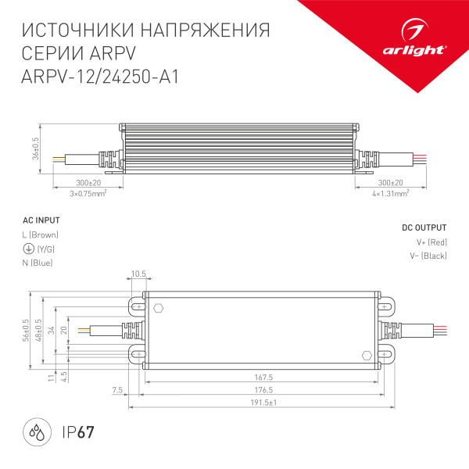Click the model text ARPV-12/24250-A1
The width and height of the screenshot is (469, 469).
click(x=100, y=79)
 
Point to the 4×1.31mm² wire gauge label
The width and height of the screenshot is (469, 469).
click(x=389, y=193)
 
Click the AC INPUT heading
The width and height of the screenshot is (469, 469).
click(x=41, y=220)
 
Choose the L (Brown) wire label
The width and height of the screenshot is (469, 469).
click(x=41, y=234)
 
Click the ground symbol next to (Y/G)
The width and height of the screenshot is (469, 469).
click(x=27, y=249)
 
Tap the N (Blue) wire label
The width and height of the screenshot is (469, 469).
click(x=38, y=263)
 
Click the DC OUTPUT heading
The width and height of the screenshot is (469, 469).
click(x=424, y=227)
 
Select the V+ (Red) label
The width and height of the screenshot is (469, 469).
click(x=431, y=242)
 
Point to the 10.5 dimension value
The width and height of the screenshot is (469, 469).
click(x=139, y=274)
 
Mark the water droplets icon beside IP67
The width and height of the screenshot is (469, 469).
click(x=36, y=431)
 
